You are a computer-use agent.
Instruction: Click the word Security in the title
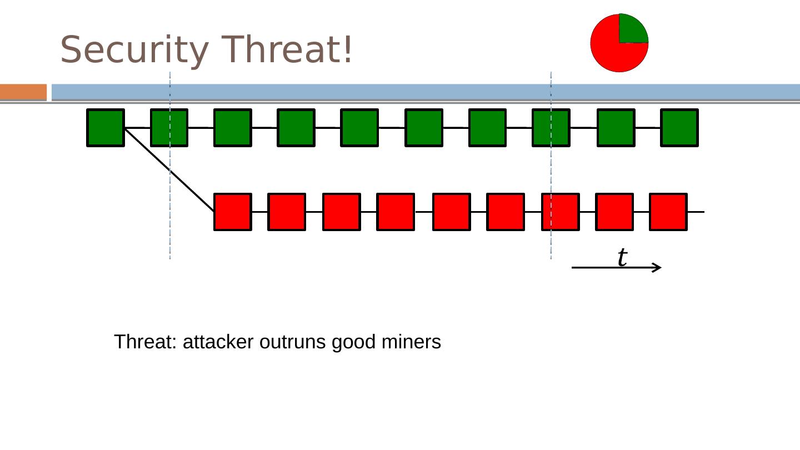[x=137, y=50]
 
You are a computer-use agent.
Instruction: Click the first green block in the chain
[x=106, y=128]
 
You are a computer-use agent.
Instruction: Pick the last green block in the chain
[x=679, y=128]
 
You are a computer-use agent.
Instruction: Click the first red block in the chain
[x=233, y=212]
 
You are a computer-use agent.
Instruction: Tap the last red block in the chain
[x=668, y=212]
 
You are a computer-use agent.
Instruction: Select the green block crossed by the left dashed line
[x=169, y=128]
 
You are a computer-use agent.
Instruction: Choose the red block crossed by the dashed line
[x=560, y=212]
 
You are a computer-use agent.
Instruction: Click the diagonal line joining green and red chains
[x=169, y=170]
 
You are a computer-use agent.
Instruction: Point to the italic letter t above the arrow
[x=622, y=257]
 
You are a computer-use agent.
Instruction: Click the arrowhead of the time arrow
[x=657, y=268]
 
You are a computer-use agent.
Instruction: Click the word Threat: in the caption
[x=146, y=342]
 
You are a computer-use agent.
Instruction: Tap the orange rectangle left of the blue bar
[x=23, y=92]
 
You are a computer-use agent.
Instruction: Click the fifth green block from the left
[x=359, y=128]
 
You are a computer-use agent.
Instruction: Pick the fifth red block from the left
[x=451, y=212]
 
